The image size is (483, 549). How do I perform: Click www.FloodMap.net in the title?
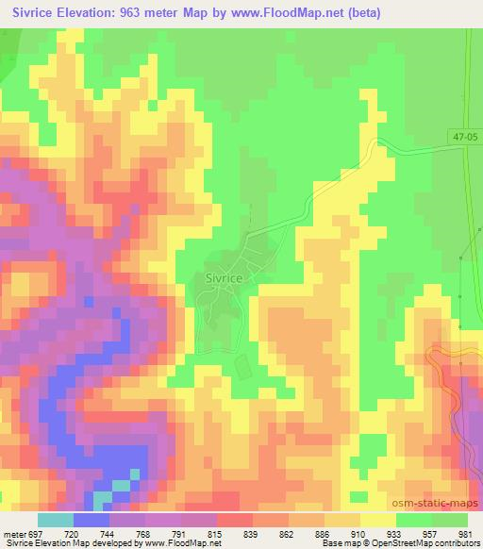tap(298, 11)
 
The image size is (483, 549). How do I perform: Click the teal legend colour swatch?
tap(56, 519)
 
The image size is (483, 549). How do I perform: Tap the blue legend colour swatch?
tap(92, 519)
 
